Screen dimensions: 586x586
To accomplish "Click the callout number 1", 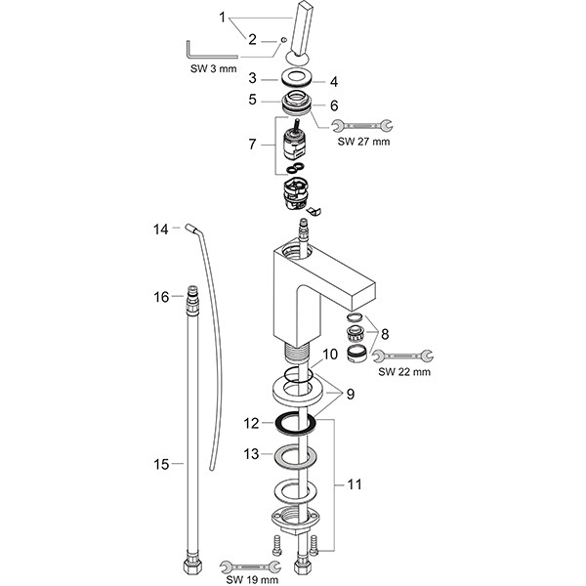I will point(224,17).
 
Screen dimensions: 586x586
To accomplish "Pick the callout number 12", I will point(251,424).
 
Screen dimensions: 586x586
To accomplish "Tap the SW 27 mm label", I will point(363,142).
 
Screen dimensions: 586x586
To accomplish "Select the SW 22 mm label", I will point(404,372).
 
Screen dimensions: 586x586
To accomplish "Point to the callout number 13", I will point(251,454).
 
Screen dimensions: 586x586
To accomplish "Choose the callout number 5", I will point(251,100).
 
